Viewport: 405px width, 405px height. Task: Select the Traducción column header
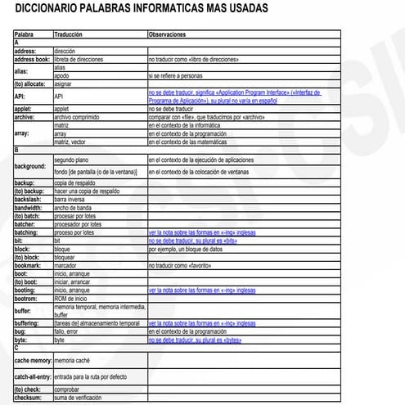coord(70,35)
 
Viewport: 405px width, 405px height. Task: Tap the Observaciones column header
coord(168,35)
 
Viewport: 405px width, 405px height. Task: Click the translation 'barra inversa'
coord(71,199)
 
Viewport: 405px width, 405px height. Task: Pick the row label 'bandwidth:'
coord(30,207)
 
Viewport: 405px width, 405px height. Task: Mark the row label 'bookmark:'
coord(29,265)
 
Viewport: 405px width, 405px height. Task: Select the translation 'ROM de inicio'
coord(72,298)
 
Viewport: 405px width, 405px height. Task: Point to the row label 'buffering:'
coord(30,323)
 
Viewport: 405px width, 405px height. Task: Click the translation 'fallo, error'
coord(70,331)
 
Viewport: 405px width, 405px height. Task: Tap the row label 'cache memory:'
coord(34,360)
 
